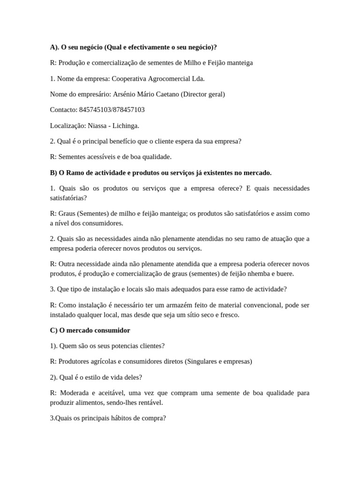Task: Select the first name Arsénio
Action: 126,94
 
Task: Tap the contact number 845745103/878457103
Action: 112,110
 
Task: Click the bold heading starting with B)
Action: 160,172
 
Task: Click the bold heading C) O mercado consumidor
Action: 90,330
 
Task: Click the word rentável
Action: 150,402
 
